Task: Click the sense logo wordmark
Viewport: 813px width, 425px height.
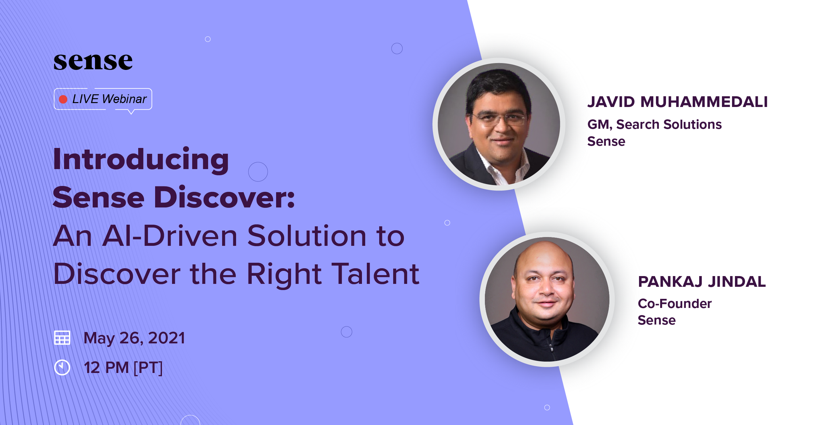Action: pyautogui.click(x=93, y=61)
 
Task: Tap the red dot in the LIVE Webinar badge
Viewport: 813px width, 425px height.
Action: pyautogui.click(x=63, y=99)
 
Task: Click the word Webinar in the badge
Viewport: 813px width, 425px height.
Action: pyautogui.click(x=124, y=99)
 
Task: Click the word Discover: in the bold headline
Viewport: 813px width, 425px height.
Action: pyautogui.click(x=224, y=198)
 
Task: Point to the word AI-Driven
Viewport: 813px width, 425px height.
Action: pyautogui.click(x=170, y=236)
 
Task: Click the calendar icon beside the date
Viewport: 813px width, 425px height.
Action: pyautogui.click(x=62, y=338)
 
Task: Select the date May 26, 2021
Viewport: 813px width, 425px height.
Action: pyautogui.click(x=134, y=338)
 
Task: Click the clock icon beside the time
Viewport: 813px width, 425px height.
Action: pyautogui.click(x=62, y=367)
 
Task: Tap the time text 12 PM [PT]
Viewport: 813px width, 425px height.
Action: pyautogui.click(x=123, y=368)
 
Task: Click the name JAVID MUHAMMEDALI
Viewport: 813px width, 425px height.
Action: pyautogui.click(x=677, y=102)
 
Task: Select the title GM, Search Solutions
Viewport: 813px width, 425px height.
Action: pyautogui.click(x=654, y=125)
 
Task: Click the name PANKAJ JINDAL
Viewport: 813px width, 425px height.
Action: pyautogui.click(x=702, y=282)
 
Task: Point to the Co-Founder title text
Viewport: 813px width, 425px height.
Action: pyautogui.click(x=674, y=304)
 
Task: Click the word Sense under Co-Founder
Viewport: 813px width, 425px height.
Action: pyautogui.click(x=657, y=321)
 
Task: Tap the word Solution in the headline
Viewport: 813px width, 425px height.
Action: pyautogui.click(x=307, y=236)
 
